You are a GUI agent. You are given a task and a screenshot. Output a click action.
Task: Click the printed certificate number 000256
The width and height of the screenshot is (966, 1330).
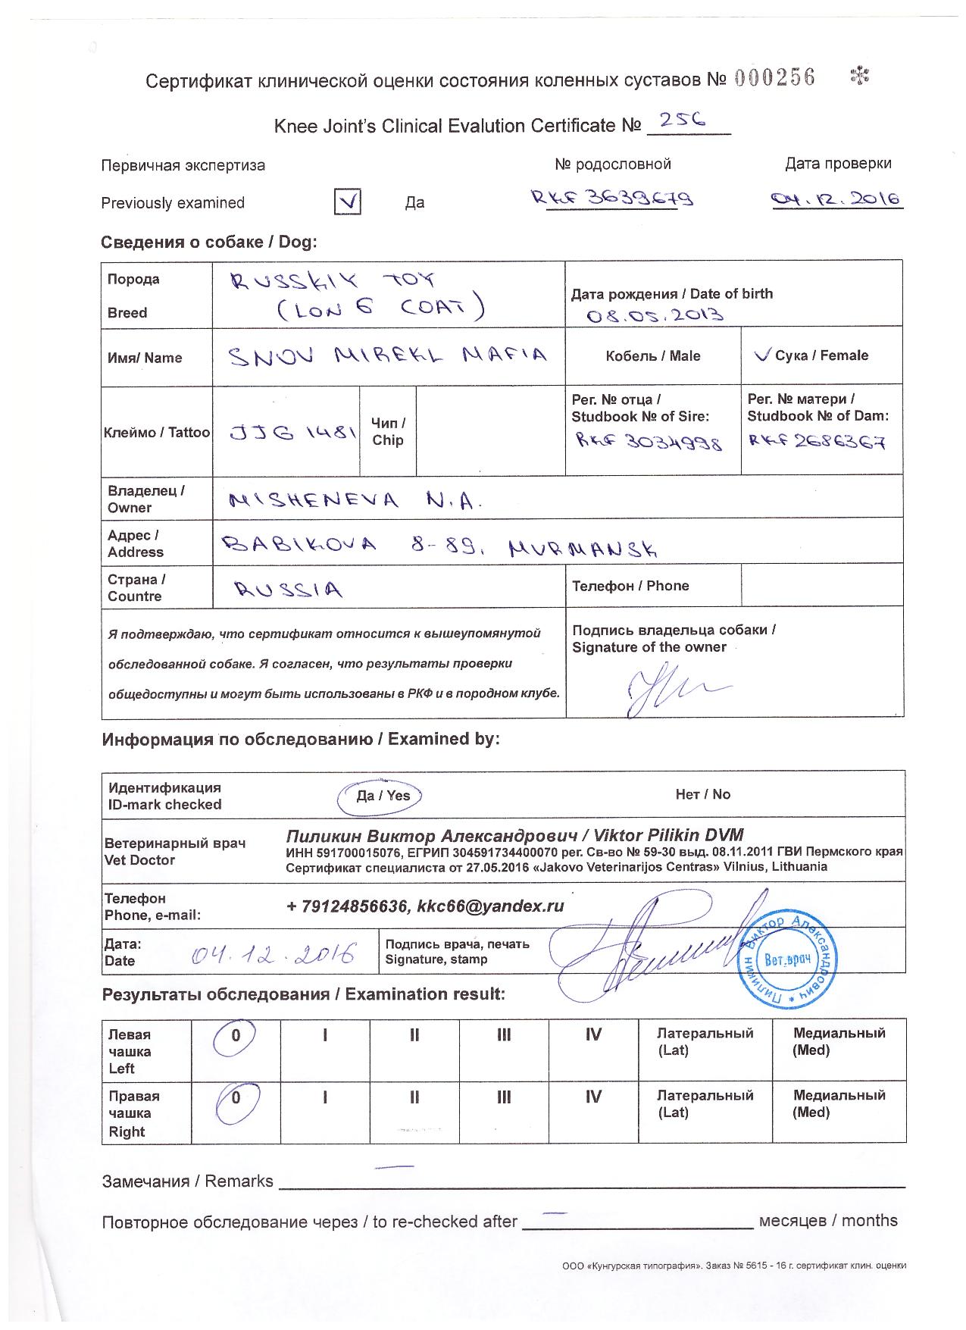[x=774, y=78]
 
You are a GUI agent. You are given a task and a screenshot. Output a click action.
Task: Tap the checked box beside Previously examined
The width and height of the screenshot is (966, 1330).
[x=347, y=202]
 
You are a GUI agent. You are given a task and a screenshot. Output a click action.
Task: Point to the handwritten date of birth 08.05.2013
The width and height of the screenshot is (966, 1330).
[x=655, y=314]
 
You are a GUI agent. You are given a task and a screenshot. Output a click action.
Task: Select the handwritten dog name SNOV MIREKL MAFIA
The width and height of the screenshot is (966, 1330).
[x=387, y=355]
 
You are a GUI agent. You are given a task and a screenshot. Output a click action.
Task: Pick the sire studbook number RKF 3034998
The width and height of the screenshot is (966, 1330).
[x=649, y=441]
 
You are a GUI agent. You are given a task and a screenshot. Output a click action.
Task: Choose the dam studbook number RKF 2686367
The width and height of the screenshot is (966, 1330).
[x=816, y=442]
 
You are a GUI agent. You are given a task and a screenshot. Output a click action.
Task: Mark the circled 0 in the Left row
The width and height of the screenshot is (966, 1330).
[x=236, y=1037]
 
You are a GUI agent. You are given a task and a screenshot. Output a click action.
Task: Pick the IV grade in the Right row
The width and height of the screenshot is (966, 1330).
[x=593, y=1097]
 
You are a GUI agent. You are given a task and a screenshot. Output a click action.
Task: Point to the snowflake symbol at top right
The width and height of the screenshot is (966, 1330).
[x=860, y=75]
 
